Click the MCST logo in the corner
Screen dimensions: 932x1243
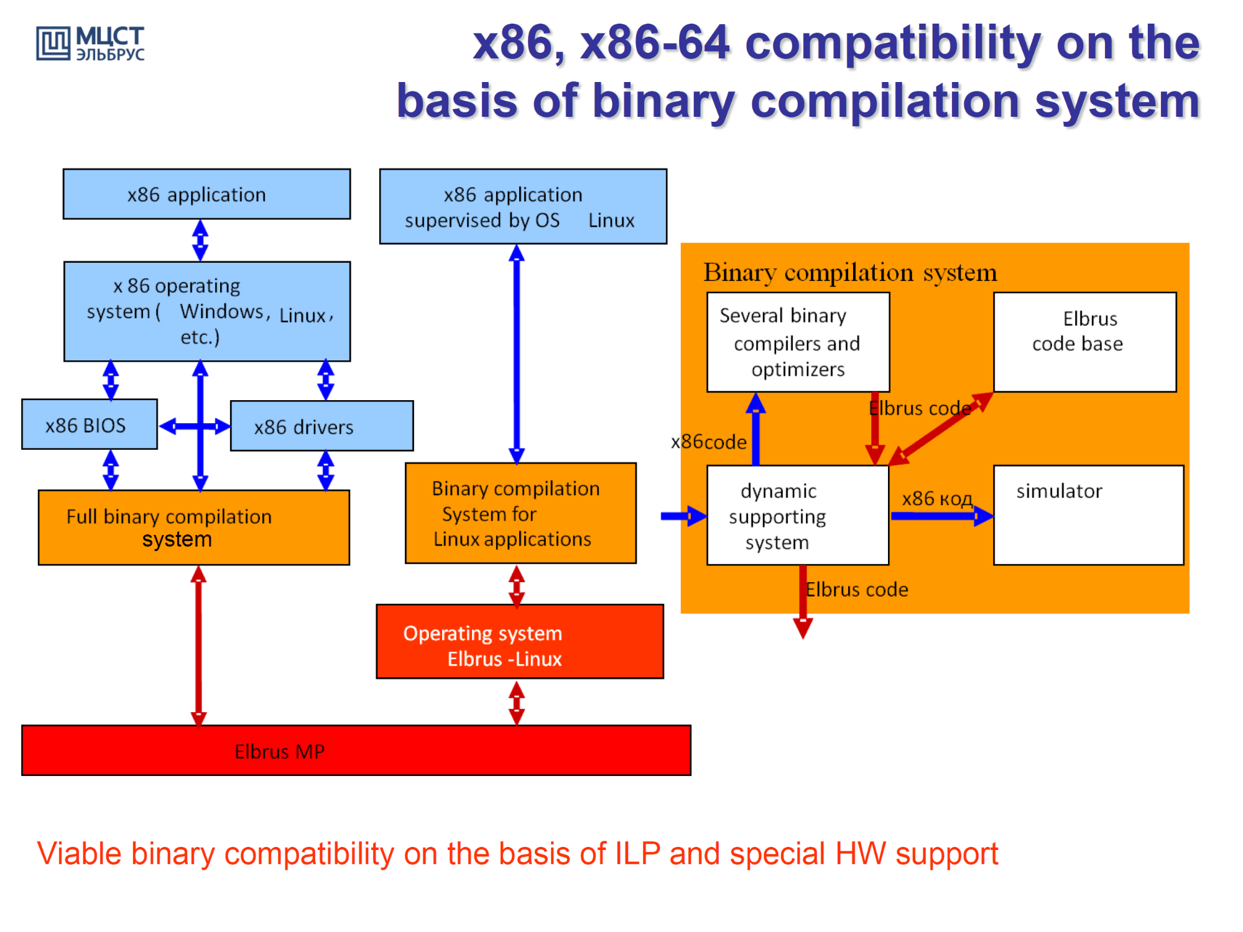coord(90,43)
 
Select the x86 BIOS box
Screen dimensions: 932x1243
coord(89,425)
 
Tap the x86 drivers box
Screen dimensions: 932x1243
coord(321,426)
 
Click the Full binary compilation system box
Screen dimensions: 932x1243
coord(193,528)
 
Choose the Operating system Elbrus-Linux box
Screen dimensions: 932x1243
coord(519,642)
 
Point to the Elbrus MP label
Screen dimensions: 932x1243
coord(279,752)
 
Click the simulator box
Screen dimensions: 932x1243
coord(1088,515)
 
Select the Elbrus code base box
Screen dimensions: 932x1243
coord(1084,342)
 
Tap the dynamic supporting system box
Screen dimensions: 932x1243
coord(798,516)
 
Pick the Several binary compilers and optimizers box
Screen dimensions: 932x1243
coord(798,342)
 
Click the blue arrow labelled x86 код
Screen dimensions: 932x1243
coord(941,516)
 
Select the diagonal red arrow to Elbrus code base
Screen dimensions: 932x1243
coord(940,429)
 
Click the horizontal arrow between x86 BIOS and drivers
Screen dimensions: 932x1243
coord(195,426)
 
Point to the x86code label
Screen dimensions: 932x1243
coord(708,442)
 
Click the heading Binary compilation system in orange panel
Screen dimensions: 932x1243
coord(850,272)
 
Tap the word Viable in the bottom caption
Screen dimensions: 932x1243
coord(79,854)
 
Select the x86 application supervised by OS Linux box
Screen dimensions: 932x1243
coord(523,206)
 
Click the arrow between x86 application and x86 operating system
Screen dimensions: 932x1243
coord(200,240)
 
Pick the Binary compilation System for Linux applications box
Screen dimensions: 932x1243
coord(520,513)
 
